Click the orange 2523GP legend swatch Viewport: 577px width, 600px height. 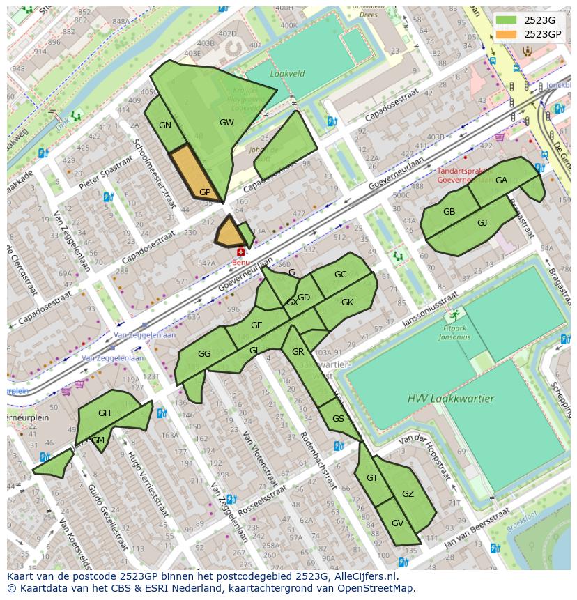coord(507,34)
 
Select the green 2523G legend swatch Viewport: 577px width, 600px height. coord(507,20)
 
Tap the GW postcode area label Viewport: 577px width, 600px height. coord(226,123)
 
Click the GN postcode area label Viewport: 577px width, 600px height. coord(165,126)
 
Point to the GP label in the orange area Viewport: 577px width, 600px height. coord(205,192)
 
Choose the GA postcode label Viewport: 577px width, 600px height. coord(501,180)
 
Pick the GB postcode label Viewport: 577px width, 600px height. coord(449,213)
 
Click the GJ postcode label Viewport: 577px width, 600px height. coord(482,223)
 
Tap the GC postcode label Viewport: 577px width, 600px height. coord(340,275)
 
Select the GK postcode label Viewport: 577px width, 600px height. coord(347,302)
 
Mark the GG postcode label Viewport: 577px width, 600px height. coord(203,354)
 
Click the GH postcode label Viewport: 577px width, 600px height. coord(104,413)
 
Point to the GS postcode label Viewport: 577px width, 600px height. coord(338,419)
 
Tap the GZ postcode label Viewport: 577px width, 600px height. coord(408,494)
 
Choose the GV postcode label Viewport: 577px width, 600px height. coord(397,523)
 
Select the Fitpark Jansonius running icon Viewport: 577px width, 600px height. coord(457,314)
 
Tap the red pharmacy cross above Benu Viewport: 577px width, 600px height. coord(241,252)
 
